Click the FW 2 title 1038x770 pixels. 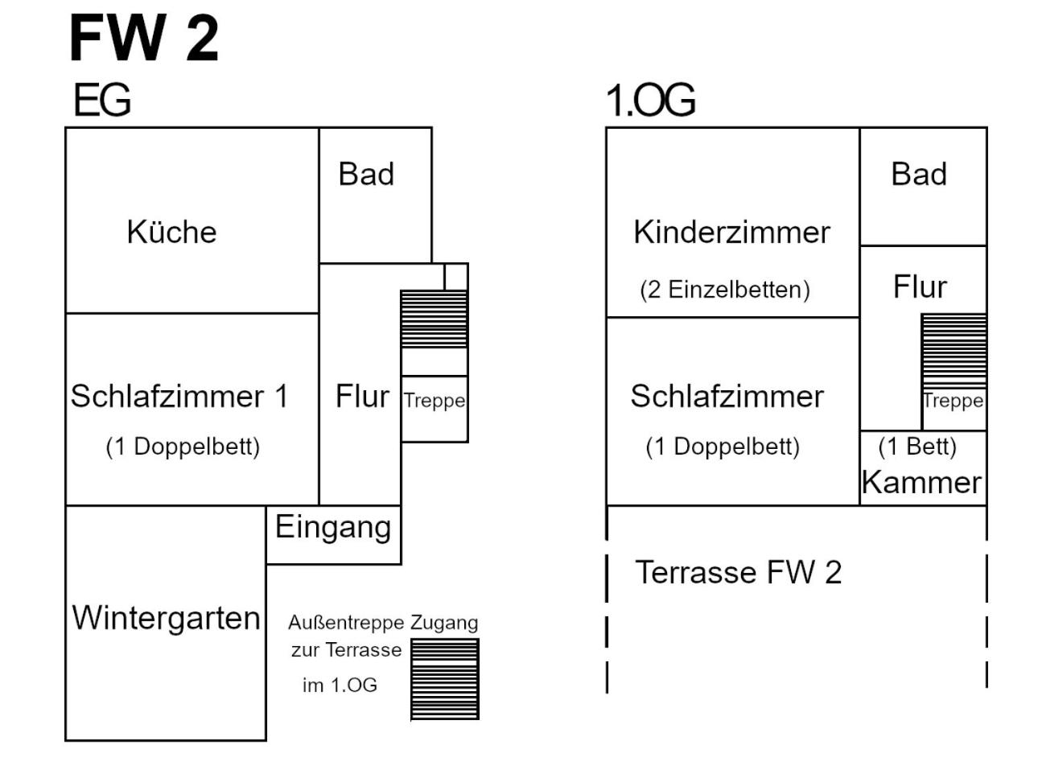pos(144,38)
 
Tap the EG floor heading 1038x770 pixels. pos(102,100)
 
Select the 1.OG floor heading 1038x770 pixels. pos(650,100)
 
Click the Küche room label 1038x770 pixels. pos(171,232)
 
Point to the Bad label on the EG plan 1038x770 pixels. pos(366,174)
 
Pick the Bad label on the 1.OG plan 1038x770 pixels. pos(919,174)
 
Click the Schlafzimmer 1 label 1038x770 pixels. pos(179,396)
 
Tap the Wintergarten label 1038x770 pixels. pos(166,619)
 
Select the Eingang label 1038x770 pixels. pos(333,528)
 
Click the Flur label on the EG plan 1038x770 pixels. pos(362,397)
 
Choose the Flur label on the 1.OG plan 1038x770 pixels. pos(920,286)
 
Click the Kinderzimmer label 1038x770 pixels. pos(732,232)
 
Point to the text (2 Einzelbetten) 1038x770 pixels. pos(725,290)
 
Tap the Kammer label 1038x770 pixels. pos(921,483)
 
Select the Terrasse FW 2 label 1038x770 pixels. pos(739,572)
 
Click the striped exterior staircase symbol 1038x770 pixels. pos(445,679)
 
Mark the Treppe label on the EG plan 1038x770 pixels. pos(435,401)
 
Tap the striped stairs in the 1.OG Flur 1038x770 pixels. pos(954,351)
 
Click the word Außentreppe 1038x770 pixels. pos(346,623)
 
